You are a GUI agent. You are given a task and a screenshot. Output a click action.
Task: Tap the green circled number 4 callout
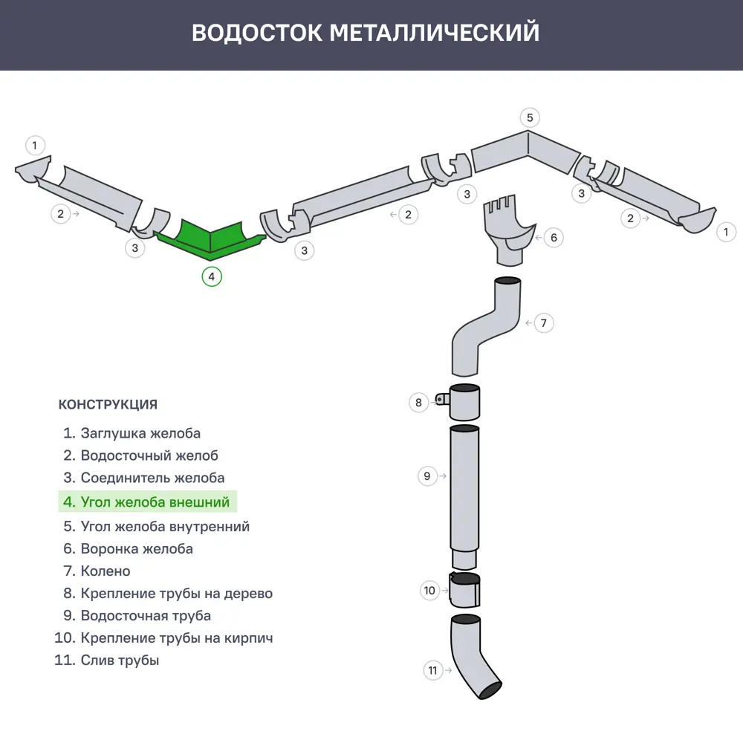212,276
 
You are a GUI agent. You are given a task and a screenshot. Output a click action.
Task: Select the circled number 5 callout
529,117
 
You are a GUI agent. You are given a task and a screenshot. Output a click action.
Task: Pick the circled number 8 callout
418,403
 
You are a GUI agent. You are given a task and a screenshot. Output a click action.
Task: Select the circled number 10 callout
429,591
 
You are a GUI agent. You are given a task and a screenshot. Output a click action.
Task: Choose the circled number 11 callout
433,670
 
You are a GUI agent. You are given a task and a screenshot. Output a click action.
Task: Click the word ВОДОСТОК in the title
256,33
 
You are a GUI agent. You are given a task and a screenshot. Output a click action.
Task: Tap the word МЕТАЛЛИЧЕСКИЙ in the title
434,33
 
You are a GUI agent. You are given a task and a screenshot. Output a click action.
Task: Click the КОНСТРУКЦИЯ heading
108,405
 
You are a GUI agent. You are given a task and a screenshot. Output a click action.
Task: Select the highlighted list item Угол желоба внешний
147,502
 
